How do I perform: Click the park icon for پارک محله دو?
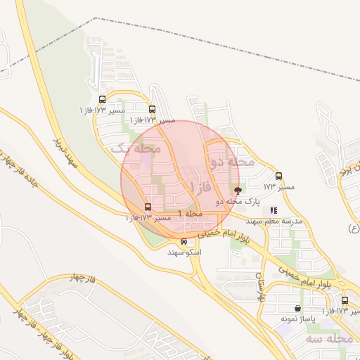tap(237, 190)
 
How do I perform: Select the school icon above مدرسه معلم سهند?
tap(274, 210)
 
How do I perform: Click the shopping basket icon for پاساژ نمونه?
tap(298, 308)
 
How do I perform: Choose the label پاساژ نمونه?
tap(298, 319)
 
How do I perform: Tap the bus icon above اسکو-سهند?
tap(184, 241)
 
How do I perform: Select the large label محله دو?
tap(231, 162)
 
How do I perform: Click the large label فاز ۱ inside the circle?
tap(201, 188)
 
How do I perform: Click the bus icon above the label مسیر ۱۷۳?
tap(278, 176)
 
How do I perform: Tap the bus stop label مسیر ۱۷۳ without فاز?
tap(279, 187)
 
